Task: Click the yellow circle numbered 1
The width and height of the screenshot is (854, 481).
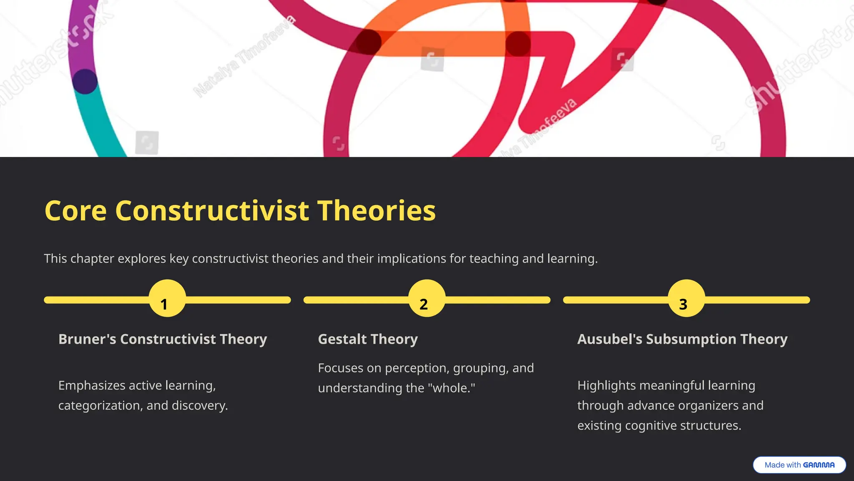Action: click(x=167, y=299)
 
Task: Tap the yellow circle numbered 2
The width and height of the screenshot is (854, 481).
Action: click(x=427, y=299)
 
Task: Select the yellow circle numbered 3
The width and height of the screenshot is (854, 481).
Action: click(x=686, y=299)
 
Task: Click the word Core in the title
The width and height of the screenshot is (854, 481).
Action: click(x=75, y=210)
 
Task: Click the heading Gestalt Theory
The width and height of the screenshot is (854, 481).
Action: click(x=368, y=339)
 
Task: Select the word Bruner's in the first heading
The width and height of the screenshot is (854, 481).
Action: click(x=87, y=339)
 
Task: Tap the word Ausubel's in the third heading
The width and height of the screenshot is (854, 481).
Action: click(x=610, y=339)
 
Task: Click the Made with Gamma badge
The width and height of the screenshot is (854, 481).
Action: click(x=799, y=465)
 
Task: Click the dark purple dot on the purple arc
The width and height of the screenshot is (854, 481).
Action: click(x=85, y=81)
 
